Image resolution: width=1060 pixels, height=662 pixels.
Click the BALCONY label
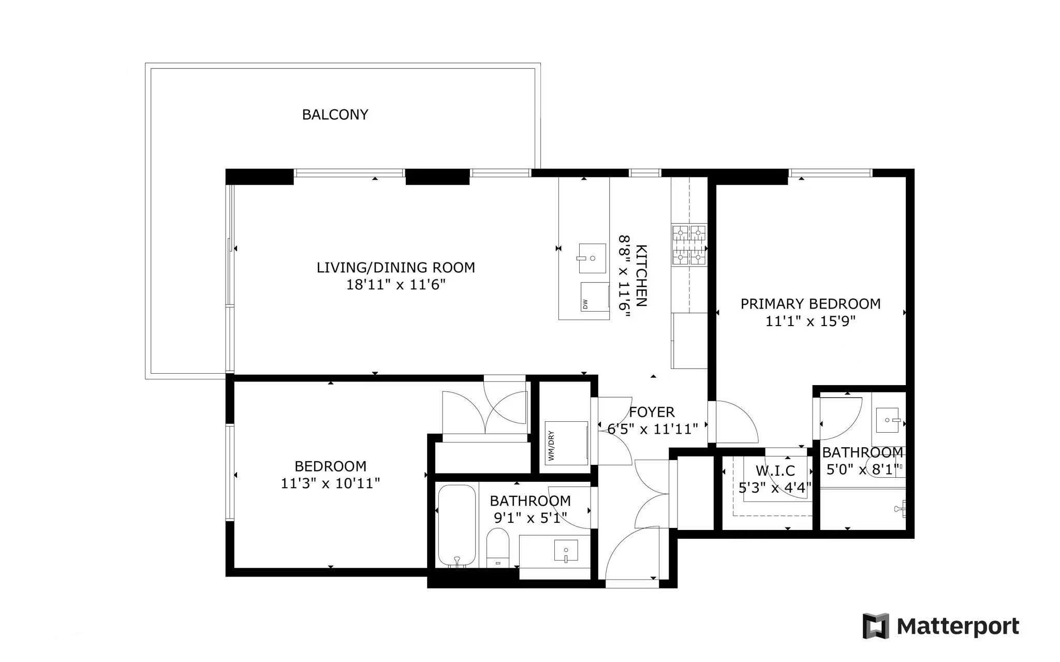pos(335,114)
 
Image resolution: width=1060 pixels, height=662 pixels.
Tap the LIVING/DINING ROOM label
pos(396,268)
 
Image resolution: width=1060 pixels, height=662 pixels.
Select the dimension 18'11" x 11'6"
pos(396,285)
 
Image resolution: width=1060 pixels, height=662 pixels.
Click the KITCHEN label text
pos(641,275)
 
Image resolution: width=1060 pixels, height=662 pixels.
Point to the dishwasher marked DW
pos(595,296)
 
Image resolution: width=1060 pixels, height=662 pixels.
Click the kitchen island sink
pos(592,258)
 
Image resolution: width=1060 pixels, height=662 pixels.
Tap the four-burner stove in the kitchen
pos(689,245)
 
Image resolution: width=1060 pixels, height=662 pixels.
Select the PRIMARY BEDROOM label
pos(811,304)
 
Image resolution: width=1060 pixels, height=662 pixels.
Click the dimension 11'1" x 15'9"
pos(811,321)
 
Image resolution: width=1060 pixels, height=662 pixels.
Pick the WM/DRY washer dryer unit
pos(566,443)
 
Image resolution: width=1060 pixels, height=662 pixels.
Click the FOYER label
pos(652,412)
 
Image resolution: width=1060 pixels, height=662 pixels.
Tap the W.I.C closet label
pos(775,471)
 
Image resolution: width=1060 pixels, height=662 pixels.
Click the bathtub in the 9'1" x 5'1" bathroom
pos(457,526)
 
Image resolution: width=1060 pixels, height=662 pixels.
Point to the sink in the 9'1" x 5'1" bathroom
pos(566,551)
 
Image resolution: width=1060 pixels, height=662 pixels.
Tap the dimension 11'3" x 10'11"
pos(330,483)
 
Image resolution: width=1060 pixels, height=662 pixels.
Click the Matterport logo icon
pos(876,626)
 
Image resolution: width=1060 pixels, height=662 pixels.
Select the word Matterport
pos(958,626)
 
